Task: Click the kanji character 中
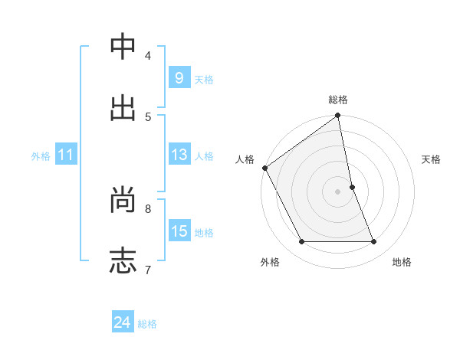123,48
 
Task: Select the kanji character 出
123,108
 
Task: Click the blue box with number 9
179,78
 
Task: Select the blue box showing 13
179,155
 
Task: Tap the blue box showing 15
179,231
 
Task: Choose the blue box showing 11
66,155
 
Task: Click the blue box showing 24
123,323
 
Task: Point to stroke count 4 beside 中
148,56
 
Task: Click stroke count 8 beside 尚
148,208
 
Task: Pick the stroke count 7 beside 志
147,269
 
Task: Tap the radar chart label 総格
338,100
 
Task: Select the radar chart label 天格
432,159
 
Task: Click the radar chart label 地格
402,262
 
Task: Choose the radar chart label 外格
270,262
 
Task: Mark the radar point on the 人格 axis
264,168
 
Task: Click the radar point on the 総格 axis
338,116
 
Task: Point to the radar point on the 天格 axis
352,187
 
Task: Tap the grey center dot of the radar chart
338,191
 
